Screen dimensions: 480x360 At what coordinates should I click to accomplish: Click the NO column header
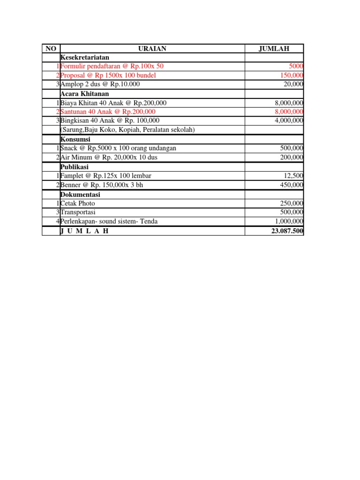[51, 49]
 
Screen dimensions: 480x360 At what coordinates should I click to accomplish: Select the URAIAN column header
[152, 49]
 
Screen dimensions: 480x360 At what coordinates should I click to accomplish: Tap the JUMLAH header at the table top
[274, 49]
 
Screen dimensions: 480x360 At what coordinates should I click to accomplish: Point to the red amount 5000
[296, 66]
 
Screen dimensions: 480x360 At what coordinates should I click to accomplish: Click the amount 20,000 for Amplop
[293, 84]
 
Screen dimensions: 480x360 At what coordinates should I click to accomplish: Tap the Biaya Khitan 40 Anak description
[113, 103]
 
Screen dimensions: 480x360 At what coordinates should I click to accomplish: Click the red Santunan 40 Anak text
[108, 112]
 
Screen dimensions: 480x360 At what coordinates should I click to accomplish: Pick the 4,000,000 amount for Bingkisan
[288, 120]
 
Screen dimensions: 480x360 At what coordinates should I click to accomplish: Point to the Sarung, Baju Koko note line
[127, 129]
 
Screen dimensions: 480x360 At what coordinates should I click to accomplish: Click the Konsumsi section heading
[75, 139]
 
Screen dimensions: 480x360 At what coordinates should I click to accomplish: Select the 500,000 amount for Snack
[292, 148]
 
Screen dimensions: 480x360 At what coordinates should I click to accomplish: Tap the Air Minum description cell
[109, 157]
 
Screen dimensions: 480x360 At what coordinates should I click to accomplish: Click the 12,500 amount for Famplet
[293, 175]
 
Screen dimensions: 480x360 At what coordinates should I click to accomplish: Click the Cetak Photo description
[78, 203]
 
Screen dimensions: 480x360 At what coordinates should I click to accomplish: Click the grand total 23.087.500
[287, 231]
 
